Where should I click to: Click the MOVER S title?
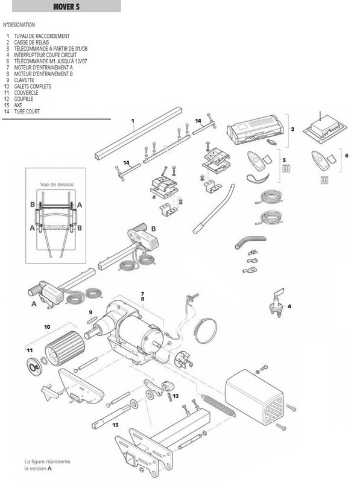pos(66,7)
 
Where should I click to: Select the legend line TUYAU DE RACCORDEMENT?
pos(42,36)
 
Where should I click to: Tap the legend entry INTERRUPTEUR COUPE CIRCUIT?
pos(45,55)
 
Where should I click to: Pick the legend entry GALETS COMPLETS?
pos(33,86)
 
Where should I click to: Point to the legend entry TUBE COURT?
pos(27,112)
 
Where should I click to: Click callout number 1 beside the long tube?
pos(133,121)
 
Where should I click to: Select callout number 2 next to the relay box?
pos(292,129)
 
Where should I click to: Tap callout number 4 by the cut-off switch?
pos(289,306)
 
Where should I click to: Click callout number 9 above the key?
pos(90,312)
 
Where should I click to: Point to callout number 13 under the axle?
pos(115,425)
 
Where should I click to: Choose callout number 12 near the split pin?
pos(175,396)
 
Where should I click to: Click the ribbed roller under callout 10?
pos(65,349)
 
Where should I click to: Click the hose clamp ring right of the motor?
pos(206,331)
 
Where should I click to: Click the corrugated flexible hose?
pos(250,242)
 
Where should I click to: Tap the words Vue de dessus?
pos(57,185)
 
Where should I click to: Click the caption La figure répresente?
pos(47,461)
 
